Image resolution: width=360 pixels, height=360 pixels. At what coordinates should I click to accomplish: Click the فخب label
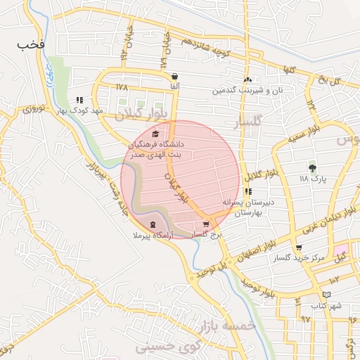tap(32, 44)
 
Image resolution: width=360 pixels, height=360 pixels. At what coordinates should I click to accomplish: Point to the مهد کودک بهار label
tap(82, 111)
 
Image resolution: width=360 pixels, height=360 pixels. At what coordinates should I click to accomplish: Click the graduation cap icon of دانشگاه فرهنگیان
tap(155, 134)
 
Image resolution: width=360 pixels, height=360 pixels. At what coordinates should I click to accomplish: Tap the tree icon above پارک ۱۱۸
tap(312, 167)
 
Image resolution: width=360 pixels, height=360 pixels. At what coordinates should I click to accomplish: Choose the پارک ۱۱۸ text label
tap(314, 179)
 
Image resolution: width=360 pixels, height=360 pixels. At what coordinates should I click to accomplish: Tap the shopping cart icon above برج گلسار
tap(205, 224)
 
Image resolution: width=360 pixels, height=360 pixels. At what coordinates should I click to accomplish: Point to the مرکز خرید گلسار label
tap(300, 258)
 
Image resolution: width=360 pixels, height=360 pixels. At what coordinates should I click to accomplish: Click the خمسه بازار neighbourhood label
tap(226, 323)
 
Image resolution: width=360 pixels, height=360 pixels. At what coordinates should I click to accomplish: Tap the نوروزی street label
tap(33, 109)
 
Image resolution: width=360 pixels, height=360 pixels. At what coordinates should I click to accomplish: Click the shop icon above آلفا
tap(174, 76)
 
